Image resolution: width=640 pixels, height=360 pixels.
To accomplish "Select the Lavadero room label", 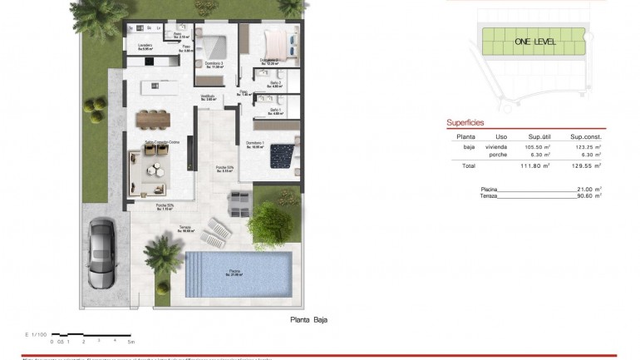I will click(x=147, y=47).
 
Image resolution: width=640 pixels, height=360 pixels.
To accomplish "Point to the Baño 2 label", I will click(x=276, y=83).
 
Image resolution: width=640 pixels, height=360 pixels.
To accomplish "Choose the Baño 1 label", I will click(x=276, y=111).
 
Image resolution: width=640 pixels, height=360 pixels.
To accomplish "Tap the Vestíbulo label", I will click(x=208, y=96).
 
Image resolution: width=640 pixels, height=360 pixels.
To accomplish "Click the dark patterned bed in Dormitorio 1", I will click(x=285, y=155).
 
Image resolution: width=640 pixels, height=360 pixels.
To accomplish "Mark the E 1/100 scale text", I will click(x=37, y=334).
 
